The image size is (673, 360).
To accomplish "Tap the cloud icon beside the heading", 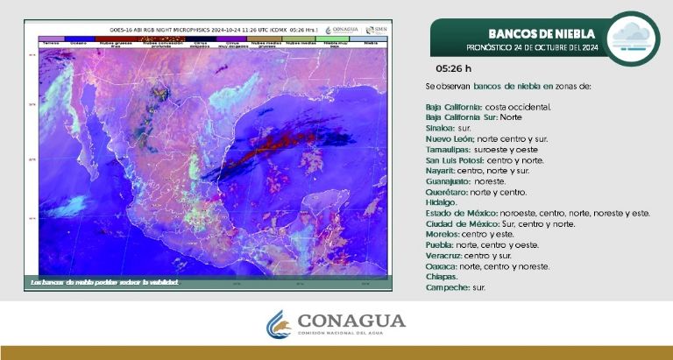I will (630, 39).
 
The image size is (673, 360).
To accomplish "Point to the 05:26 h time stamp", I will (453, 68).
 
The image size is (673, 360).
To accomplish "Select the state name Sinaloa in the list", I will (439, 128).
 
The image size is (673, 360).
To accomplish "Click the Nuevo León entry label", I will (450, 138).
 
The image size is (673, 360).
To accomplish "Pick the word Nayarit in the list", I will (440, 171).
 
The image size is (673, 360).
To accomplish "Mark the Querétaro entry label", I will (443, 192).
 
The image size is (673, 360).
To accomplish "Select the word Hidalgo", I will (441, 202).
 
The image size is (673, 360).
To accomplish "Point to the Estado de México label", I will (461, 213).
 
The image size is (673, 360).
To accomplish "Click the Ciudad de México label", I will (461, 223).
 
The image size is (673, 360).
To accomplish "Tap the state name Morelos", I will (441, 234).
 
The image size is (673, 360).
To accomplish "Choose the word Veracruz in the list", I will (443, 255).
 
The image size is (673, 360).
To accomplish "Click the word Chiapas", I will (441, 277).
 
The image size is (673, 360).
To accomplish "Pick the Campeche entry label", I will (445, 287).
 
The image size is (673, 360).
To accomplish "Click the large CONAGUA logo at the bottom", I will (336, 323).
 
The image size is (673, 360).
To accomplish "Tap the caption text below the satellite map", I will (104, 282).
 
